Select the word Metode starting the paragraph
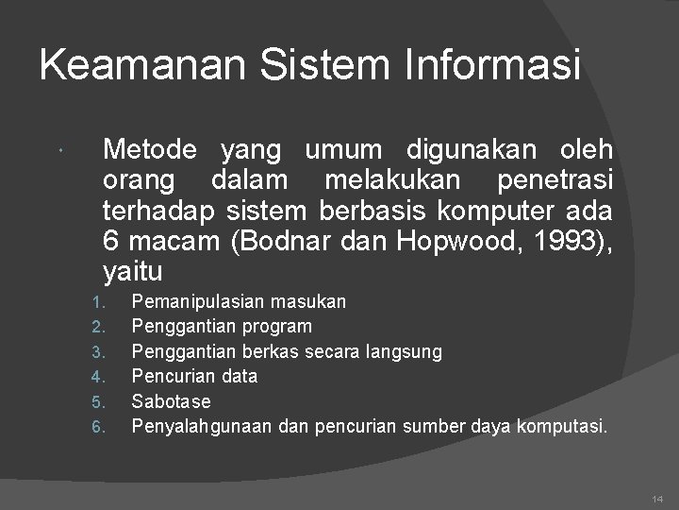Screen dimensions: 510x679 (150, 149)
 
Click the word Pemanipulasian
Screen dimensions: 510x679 (199, 301)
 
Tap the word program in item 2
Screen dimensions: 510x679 (276, 327)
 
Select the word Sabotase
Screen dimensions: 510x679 (171, 401)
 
